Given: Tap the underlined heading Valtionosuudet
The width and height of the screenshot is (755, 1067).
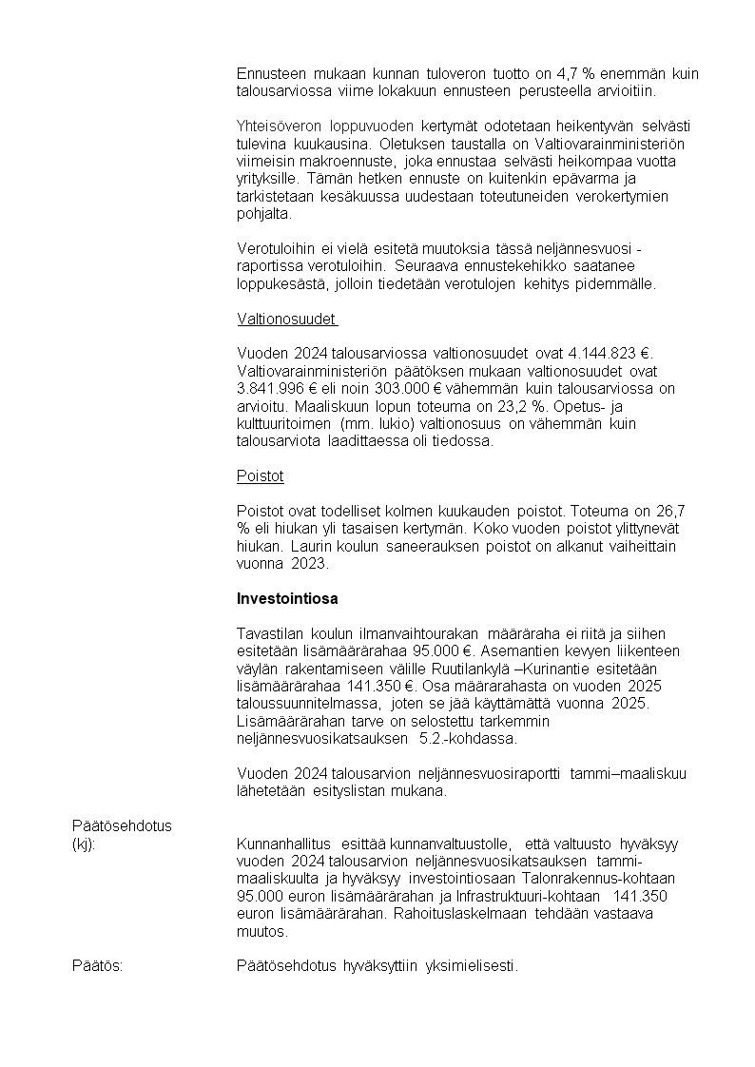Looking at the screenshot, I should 286,319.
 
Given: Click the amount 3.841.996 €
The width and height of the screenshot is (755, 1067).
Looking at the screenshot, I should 277,388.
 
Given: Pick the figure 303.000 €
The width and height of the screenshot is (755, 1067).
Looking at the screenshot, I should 387,388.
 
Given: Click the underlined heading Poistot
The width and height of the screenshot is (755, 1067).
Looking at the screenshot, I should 260,475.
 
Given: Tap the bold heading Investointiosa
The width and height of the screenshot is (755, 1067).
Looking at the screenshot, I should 287,599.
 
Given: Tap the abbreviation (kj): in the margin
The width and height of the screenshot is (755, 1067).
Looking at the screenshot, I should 84,844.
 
